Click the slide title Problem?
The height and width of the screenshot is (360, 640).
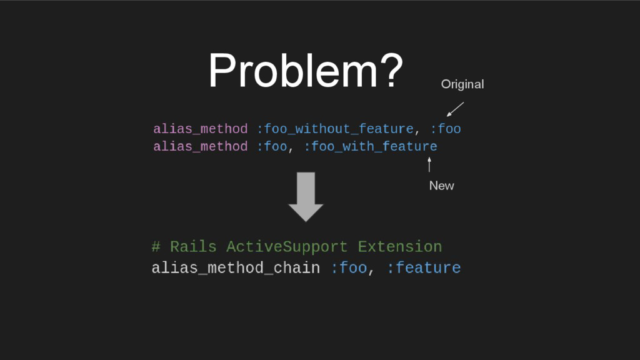tap(306, 71)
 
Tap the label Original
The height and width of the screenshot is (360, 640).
tap(462, 84)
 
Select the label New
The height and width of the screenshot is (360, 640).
tap(441, 185)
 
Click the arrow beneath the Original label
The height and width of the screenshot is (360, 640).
tap(455, 109)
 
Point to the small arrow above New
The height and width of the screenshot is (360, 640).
tap(429, 164)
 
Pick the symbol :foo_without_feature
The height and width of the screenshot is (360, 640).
tap(335, 129)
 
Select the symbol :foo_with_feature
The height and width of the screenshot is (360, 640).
tap(371, 147)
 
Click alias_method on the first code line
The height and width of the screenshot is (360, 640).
tap(200, 129)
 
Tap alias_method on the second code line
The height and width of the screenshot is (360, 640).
tap(200, 147)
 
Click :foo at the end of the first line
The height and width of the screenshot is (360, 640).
tap(446, 129)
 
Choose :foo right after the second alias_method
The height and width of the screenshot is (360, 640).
tap(272, 147)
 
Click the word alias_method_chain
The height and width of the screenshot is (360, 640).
tap(236, 268)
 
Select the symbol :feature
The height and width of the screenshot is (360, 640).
tap(424, 268)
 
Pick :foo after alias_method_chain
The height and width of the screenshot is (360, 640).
tap(349, 268)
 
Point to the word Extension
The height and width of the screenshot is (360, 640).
tap(400, 247)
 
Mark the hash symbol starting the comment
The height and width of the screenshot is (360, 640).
tap(156, 247)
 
